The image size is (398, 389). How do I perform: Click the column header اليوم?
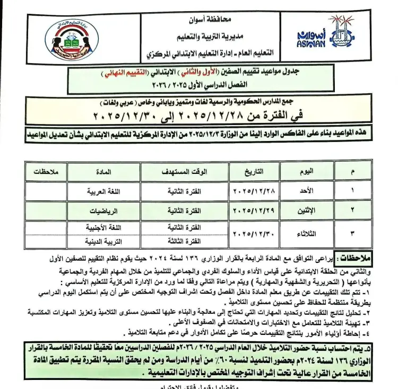point(307,171)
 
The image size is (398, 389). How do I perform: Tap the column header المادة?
point(103,171)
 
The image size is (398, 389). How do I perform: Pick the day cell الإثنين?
point(307,211)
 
